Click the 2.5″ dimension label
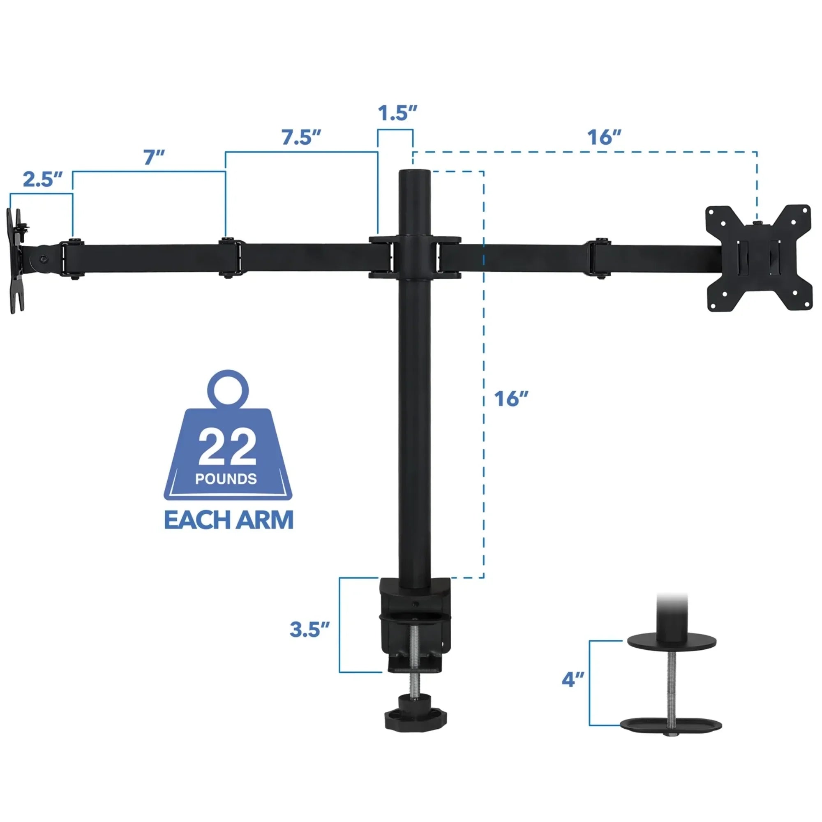[43, 179]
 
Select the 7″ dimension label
[154, 157]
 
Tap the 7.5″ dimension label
[301, 137]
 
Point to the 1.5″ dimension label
[397, 113]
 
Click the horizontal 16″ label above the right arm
[604, 137]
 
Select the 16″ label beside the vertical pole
[510, 399]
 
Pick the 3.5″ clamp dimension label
[309, 629]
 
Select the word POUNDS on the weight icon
[226, 479]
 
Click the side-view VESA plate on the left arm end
[16, 261]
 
